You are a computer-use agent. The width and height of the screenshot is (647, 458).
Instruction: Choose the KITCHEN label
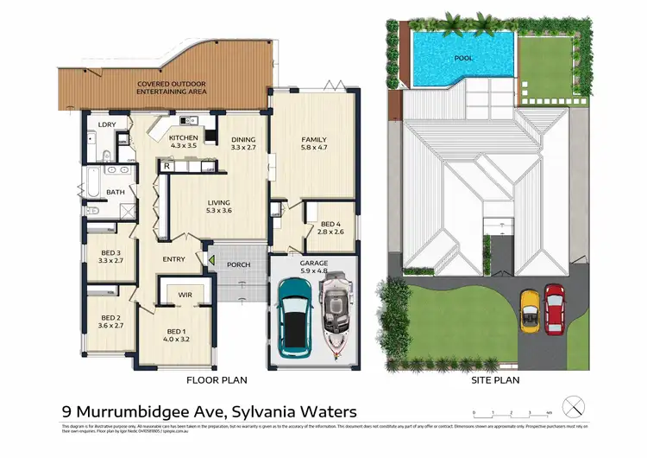click(x=184, y=138)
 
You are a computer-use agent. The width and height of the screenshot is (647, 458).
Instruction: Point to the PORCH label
click(x=238, y=264)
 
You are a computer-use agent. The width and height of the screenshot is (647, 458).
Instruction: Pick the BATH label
click(x=115, y=192)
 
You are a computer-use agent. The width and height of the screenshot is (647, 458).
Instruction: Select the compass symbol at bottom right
click(x=573, y=404)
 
